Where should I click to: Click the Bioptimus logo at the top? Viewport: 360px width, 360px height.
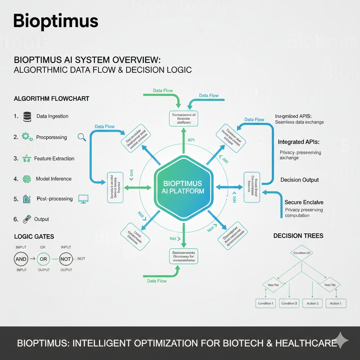click(x=56, y=21)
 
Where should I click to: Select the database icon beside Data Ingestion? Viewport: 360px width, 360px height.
click(x=27, y=116)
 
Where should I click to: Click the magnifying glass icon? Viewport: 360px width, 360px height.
click(x=82, y=137)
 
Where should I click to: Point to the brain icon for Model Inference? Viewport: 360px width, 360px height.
click(x=26, y=179)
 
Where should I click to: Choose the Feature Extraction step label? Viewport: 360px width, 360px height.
click(x=54, y=159)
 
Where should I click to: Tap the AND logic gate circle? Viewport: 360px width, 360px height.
click(x=20, y=259)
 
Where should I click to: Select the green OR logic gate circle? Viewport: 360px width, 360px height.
click(x=43, y=259)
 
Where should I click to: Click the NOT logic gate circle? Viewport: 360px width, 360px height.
click(x=66, y=259)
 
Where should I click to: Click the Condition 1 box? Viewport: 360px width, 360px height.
click(x=265, y=303)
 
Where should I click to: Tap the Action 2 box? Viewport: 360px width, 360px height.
click(x=312, y=303)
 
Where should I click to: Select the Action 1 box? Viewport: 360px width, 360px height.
click(x=336, y=303)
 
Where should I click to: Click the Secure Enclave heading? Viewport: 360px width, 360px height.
click(x=304, y=202)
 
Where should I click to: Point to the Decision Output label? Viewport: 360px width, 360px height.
click(x=300, y=180)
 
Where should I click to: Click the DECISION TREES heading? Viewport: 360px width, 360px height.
click(x=298, y=236)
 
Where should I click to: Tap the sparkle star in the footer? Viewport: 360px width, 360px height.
click(x=342, y=341)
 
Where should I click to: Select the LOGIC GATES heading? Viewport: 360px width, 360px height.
click(x=34, y=237)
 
